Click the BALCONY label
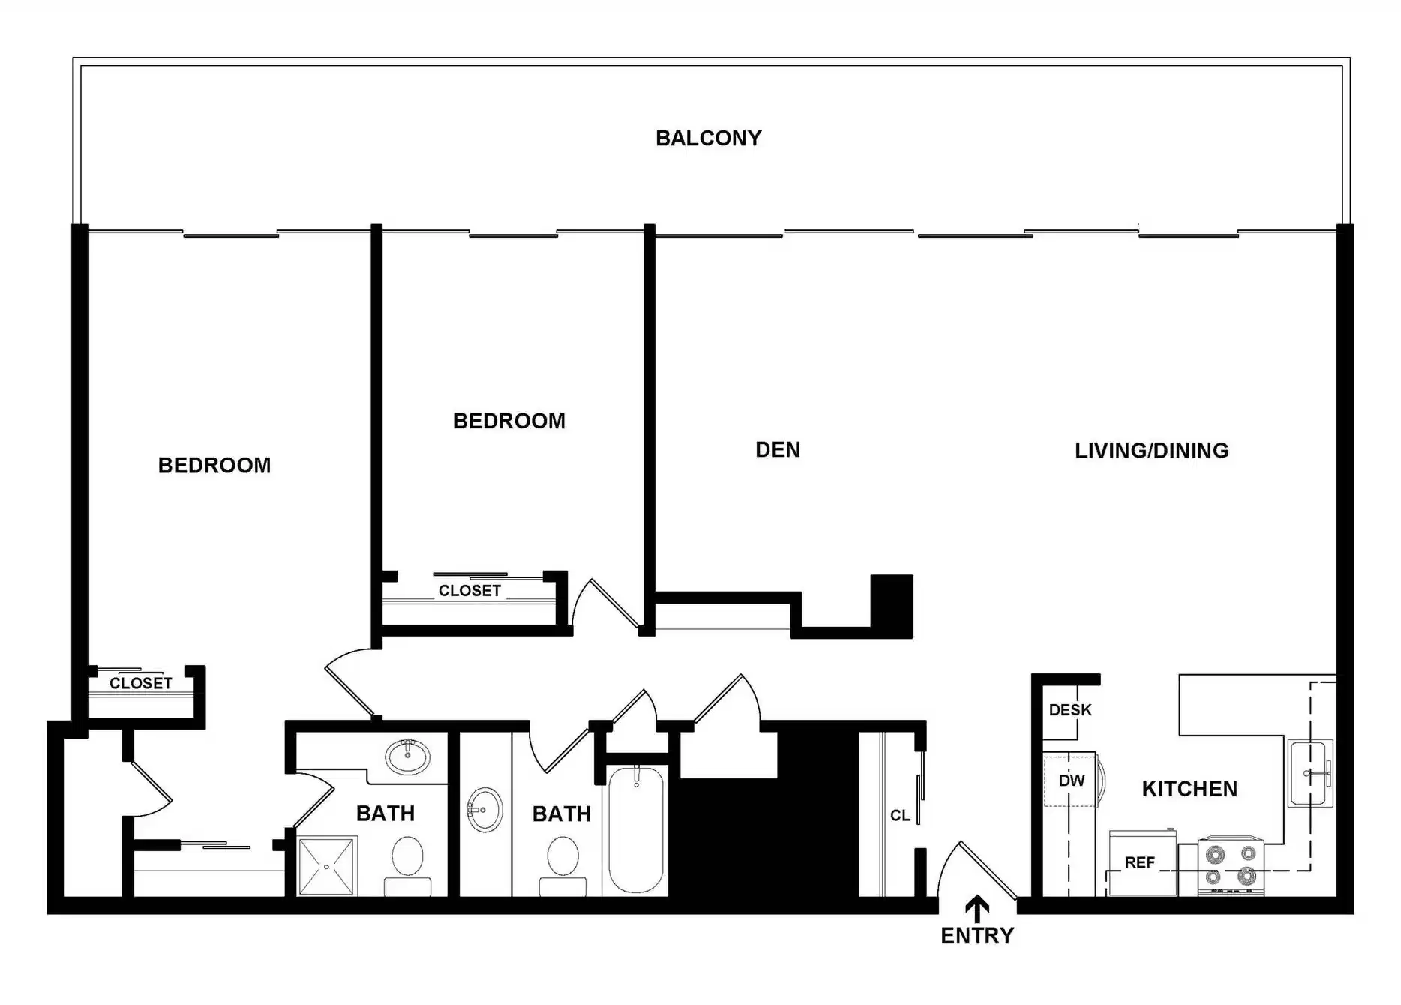708,139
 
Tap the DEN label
778,450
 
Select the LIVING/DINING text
1151,451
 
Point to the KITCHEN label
1189,789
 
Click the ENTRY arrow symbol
976,908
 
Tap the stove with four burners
1231,865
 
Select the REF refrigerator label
1139,863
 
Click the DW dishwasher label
1072,781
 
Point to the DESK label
1070,710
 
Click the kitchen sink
1310,773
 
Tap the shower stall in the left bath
327,866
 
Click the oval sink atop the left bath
407,757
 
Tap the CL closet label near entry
900,816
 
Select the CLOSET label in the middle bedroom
469,591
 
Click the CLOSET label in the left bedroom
141,683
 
